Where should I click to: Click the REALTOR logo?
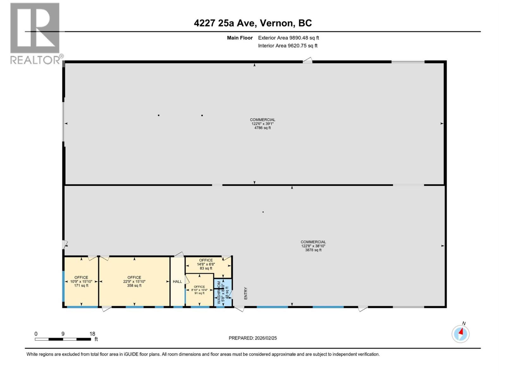(35, 33)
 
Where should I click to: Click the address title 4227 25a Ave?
(253, 23)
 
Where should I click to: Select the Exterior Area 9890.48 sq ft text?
(288, 38)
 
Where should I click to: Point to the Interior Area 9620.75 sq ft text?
(287, 45)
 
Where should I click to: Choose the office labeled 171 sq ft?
(81, 281)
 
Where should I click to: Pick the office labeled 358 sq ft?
(134, 281)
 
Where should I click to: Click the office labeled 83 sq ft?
(206, 264)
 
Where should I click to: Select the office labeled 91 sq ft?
(199, 290)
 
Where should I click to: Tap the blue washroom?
(223, 292)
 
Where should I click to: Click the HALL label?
(177, 281)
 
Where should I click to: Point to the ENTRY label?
(246, 293)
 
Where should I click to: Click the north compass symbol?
(460, 334)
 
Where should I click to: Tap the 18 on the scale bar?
(92, 334)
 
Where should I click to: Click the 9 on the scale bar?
(63, 334)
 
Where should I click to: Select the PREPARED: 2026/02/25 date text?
(253, 338)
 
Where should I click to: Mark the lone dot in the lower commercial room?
(263, 212)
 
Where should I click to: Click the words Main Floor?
(240, 38)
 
